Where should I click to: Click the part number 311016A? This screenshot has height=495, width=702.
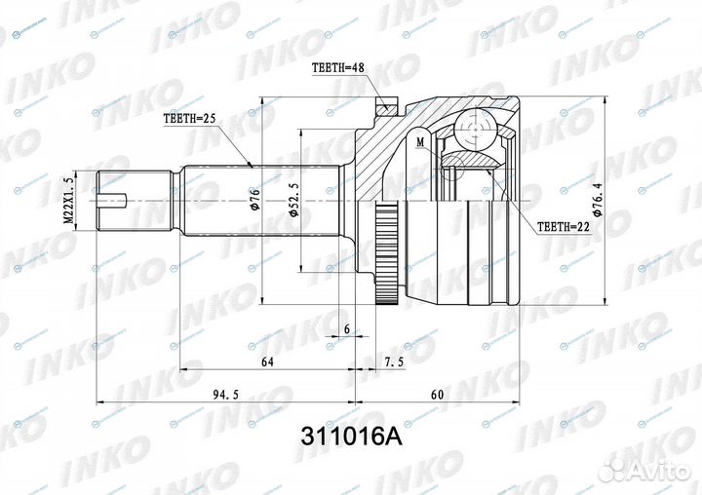pyautogui.click(x=350, y=438)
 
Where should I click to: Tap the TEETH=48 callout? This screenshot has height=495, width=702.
pyautogui.click(x=340, y=69)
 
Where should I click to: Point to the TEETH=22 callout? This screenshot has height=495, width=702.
pyautogui.click(x=565, y=227)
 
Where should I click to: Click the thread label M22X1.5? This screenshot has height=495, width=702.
pyautogui.click(x=68, y=200)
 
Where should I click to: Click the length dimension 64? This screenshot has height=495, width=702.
pyautogui.click(x=267, y=362)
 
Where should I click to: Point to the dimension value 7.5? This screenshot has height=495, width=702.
pyautogui.click(x=395, y=362)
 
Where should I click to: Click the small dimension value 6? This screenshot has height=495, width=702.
pyautogui.click(x=347, y=330)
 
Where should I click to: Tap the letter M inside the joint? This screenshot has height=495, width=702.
pyautogui.click(x=419, y=143)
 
